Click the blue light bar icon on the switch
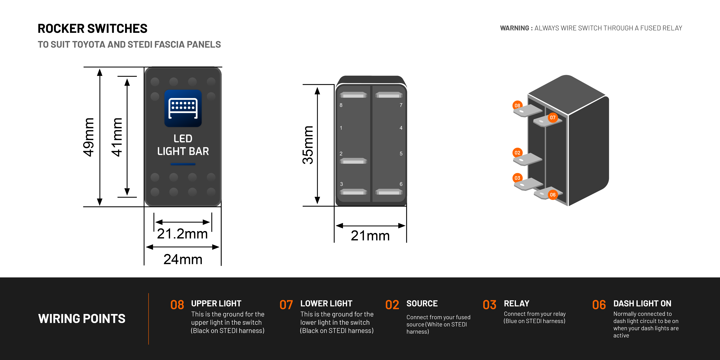183,108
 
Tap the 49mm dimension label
89,137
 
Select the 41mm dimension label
117,137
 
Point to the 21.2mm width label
182,234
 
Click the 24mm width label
183,259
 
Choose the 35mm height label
308,145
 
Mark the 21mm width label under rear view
370,236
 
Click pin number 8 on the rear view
341,105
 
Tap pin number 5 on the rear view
401,153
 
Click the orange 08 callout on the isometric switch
517,105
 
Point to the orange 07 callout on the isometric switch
553,117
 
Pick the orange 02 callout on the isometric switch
517,153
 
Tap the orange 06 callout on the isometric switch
553,195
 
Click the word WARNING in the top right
514,28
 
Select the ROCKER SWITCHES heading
92,28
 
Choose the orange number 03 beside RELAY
489,305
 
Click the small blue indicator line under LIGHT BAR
183,164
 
